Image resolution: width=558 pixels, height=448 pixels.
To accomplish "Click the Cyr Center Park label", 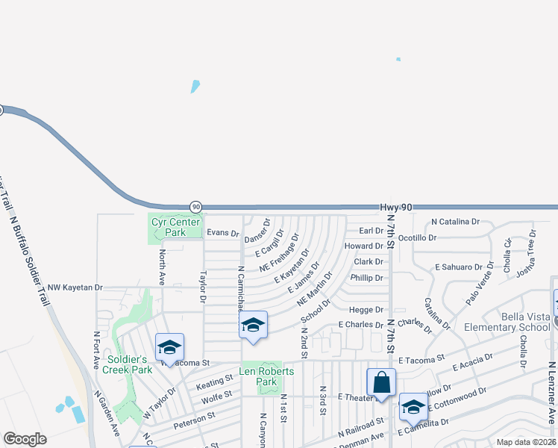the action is [175, 227].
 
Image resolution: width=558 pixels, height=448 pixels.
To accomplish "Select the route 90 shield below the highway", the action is [195, 206].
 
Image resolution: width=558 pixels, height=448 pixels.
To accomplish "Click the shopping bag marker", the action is [381, 382].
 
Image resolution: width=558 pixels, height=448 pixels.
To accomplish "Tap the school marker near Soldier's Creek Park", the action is [169, 347].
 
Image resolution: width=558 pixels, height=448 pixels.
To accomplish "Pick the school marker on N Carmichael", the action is [254, 326].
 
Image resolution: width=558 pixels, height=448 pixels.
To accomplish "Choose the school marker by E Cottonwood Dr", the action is [413, 407].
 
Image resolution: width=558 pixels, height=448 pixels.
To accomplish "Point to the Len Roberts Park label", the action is [266, 376].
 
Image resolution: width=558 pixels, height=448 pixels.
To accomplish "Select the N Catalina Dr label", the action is [455, 222].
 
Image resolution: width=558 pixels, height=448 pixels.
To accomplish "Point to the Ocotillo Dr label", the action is [417, 237].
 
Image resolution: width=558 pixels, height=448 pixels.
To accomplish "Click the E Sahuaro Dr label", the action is [460, 267].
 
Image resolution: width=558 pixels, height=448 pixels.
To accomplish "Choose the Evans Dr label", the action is [222, 233].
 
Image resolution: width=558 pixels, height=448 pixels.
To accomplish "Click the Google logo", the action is [25, 439].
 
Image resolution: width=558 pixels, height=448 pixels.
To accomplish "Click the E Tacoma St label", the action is [421, 360].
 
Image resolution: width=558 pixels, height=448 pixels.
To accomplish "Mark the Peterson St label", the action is [194, 420].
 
